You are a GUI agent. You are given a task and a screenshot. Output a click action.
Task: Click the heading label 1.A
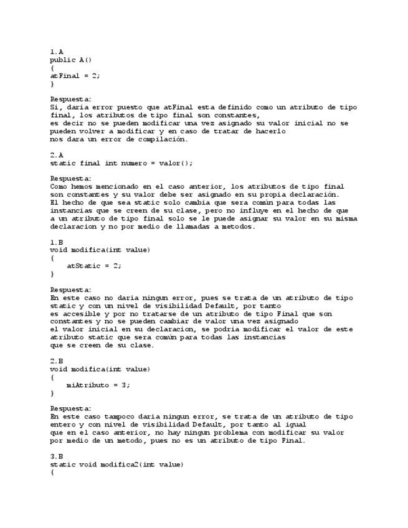click(x=56, y=52)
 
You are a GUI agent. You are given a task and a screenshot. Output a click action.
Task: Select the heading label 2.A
click(x=56, y=154)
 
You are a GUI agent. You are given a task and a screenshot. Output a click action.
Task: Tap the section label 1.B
click(x=56, y=242)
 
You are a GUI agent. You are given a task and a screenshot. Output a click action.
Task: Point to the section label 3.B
click(x=56, y=456)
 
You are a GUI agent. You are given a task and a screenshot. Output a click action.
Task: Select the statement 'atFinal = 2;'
click(x=75, y=75)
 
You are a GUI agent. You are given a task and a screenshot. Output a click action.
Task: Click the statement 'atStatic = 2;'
click(x=93, y=266)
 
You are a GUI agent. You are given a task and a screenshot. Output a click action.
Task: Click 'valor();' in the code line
click(x=178, y=163)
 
